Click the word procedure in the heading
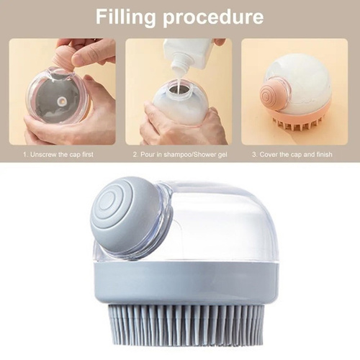point(213,17)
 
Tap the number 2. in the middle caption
point(135,154)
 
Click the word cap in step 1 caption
point(74,155)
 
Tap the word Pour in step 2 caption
point(147,154)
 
